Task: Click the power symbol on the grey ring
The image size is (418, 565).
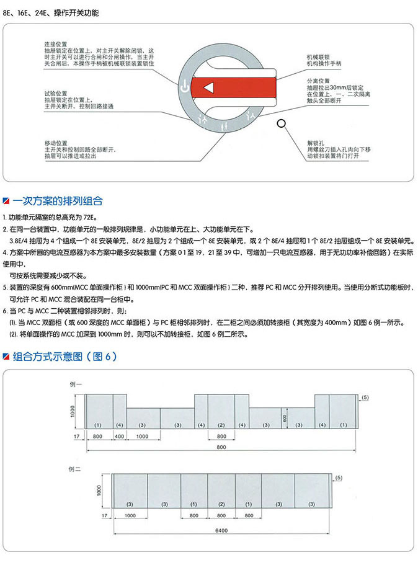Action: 183,87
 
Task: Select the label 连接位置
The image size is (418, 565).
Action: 55,44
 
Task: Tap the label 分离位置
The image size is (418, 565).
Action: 317,81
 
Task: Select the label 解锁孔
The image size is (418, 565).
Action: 314,143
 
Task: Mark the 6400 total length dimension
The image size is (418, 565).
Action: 222,530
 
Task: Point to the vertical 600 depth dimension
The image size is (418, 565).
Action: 285,417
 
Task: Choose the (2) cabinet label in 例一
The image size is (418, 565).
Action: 221,425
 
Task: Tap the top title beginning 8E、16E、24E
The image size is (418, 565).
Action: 50,12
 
